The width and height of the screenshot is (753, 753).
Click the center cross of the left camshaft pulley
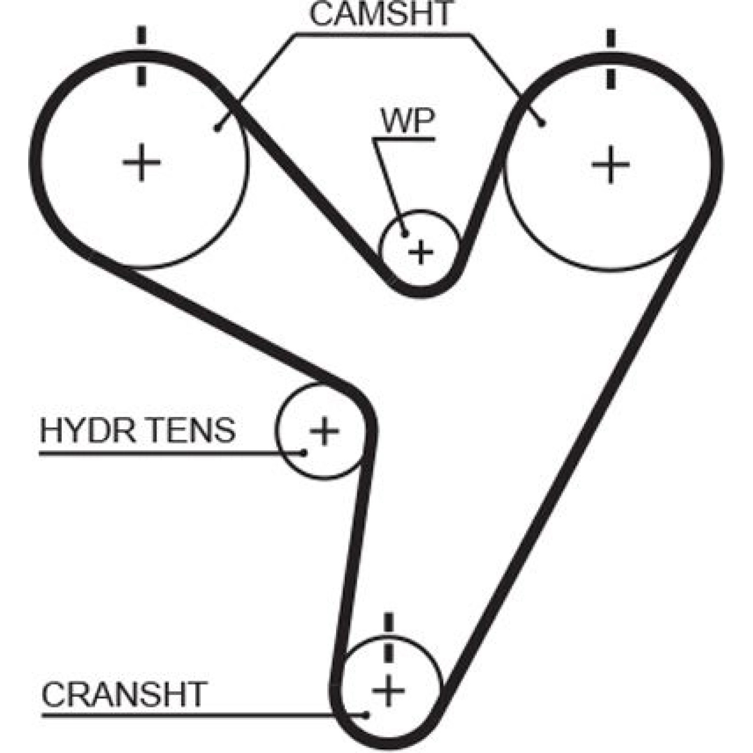tap(141, 163)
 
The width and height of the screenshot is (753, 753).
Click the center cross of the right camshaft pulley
tap(610, 164)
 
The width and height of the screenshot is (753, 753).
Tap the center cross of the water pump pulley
tap(420, 252)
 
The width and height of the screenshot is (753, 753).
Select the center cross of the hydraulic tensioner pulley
tap(324, 430)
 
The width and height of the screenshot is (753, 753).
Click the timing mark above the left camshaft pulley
tap(141, 56)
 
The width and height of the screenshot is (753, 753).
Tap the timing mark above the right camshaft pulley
tap(610, 59)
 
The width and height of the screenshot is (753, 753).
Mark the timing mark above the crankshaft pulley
tap(388, 638)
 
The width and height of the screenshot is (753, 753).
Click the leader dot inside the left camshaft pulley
tap(217, 128)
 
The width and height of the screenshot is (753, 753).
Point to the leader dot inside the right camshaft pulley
tap(542, 124)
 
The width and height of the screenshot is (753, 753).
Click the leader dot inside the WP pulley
tap(404, 234)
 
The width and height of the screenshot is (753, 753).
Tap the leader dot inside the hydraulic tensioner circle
tap(304, 453)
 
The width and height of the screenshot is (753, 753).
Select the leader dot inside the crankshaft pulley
tap(367, 716)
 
